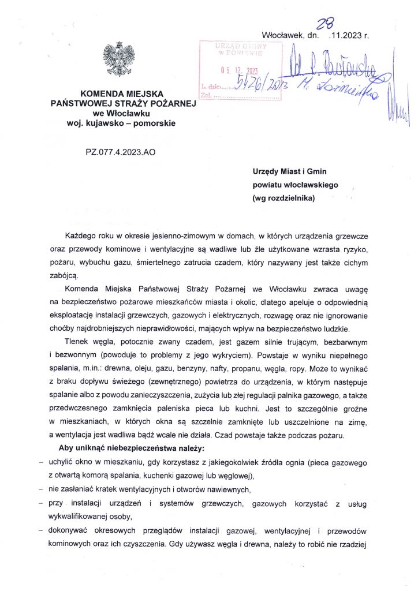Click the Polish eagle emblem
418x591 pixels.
pos(119,59)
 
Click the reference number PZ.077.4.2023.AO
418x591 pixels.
pos(120,152)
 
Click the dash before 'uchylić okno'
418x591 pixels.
pos(40,463)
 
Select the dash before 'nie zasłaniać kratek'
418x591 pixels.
pos(40,489)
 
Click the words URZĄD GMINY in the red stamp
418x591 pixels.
pos(239,45)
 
